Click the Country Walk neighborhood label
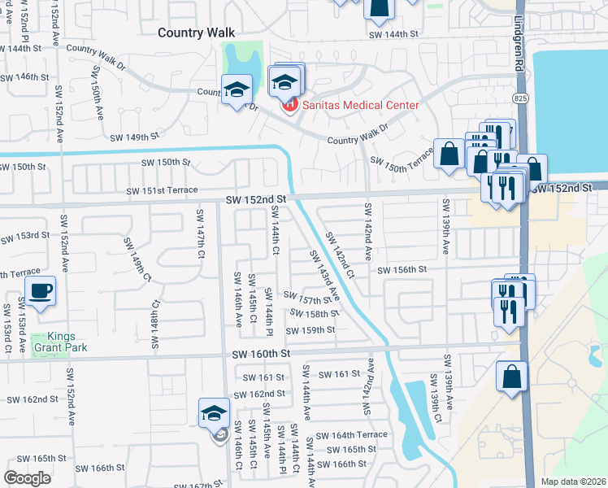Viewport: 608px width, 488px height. point(196,33)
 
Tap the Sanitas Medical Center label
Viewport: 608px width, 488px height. point(360,105)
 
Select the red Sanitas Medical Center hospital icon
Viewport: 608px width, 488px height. point(287,106)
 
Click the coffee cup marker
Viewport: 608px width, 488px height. point(40,291)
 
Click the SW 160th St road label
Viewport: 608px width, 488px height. point(261,354)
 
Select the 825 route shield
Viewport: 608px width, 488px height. point(519,97)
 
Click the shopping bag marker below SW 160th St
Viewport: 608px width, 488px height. point(512,377)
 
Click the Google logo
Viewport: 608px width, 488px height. point(28,478)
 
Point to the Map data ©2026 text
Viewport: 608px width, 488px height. point(573,481)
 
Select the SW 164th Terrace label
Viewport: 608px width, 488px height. point(352,435)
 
